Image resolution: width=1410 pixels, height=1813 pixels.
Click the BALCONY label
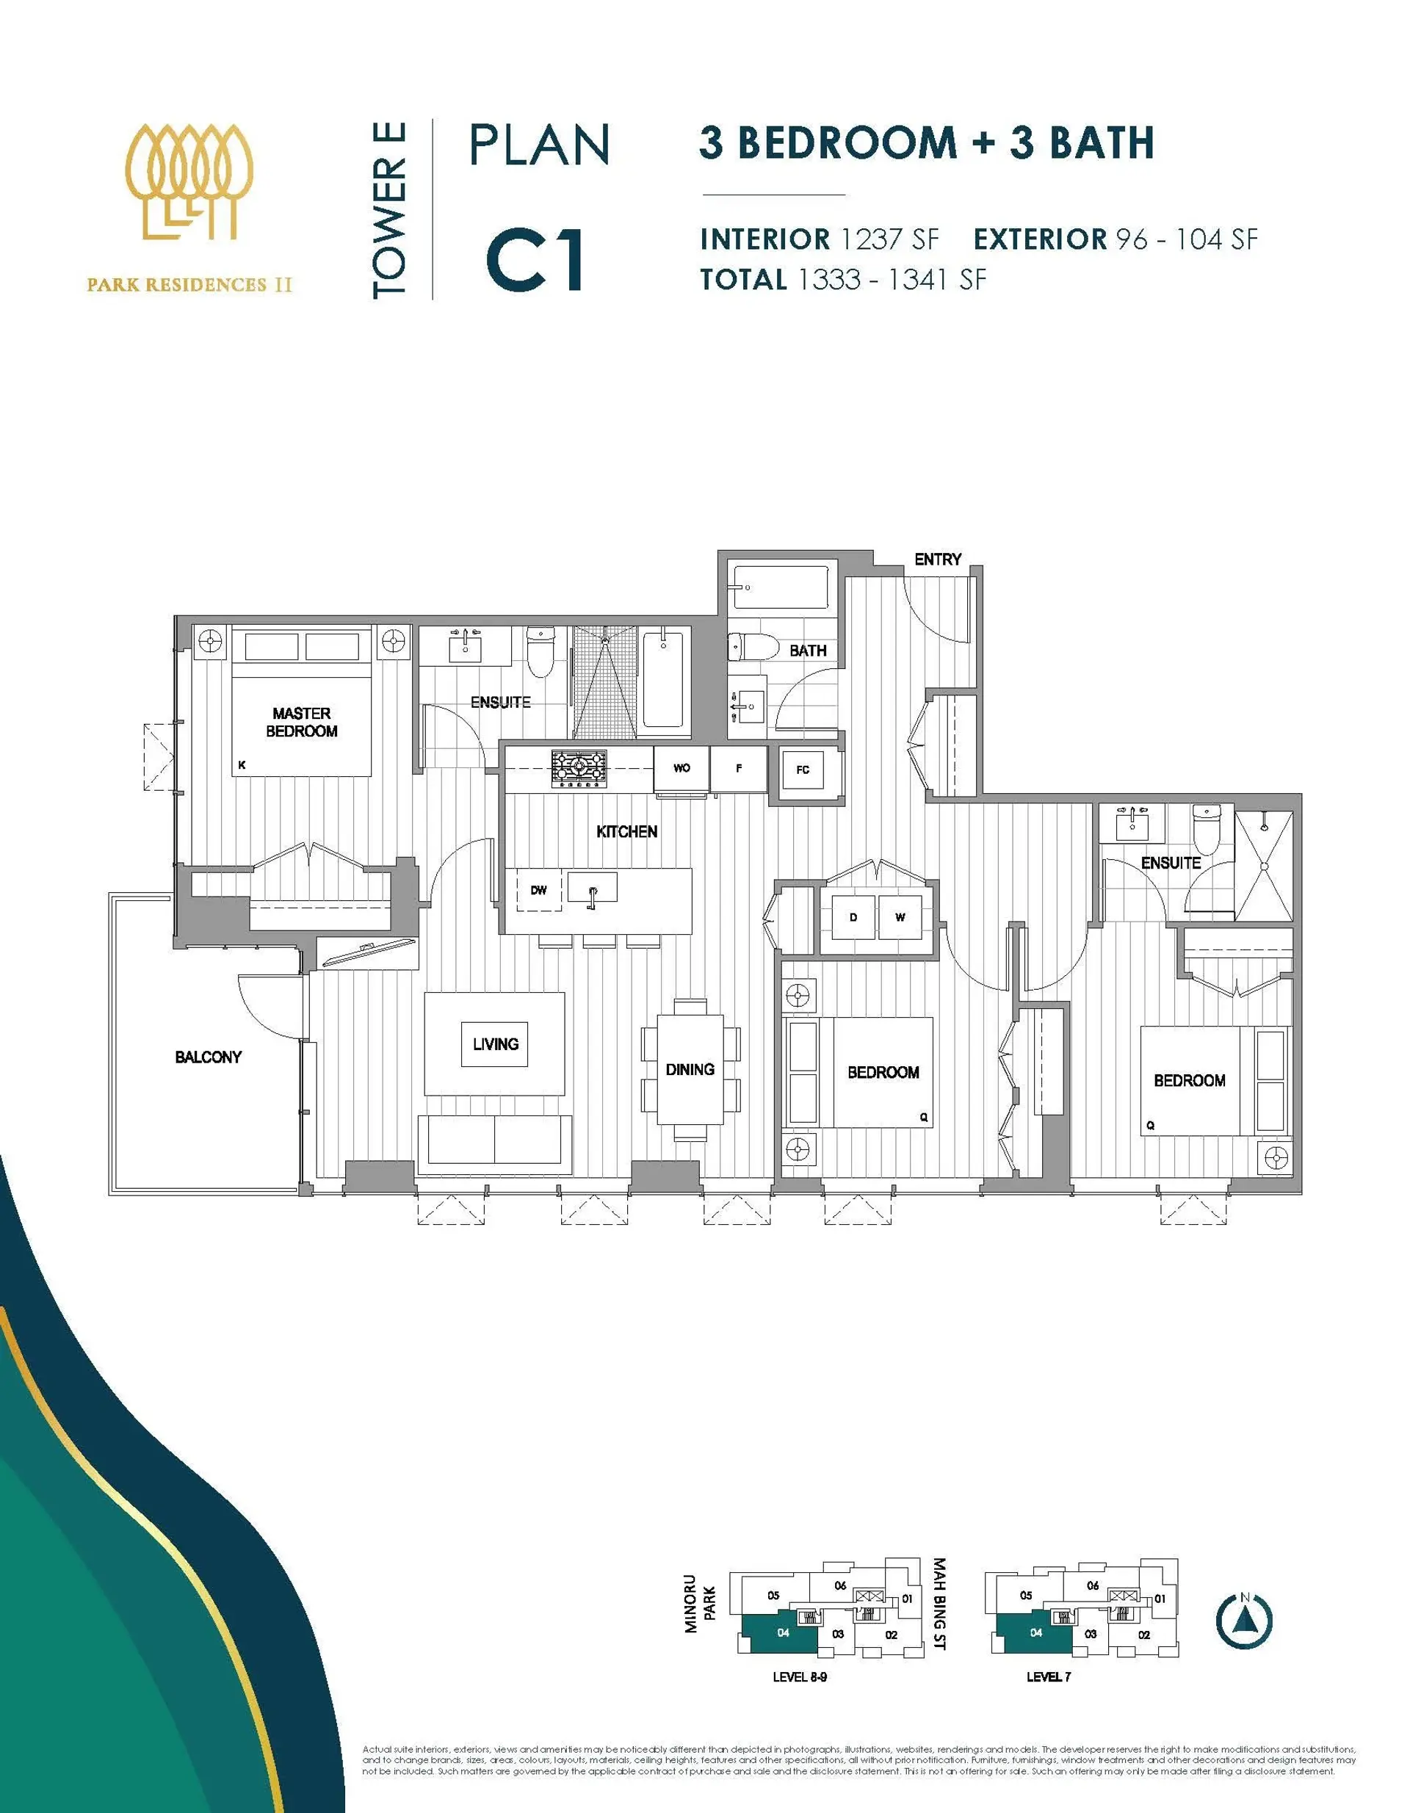click(x=209, y=1057)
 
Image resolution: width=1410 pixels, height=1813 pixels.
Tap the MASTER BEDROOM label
click(x=301, y=723)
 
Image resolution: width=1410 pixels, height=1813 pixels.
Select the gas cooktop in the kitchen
click(x=579, y=768)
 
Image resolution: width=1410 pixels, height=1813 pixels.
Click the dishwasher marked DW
click(x=539, y=890)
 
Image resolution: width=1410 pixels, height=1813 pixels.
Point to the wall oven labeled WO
click(x=681, y=768)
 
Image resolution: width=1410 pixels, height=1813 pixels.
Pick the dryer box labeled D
click(x=853, y=917)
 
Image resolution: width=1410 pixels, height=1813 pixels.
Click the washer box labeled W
click(x=900, y=917)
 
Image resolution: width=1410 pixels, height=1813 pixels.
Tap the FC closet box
click(x=802, y=770)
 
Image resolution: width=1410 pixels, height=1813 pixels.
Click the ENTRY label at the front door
click(x=938, y=560)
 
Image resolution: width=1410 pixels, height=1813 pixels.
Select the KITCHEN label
click(x=627, y=831)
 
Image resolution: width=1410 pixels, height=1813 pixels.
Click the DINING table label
click(x=690, y=1069)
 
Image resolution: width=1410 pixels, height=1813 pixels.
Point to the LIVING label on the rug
click(x=496, y=1044)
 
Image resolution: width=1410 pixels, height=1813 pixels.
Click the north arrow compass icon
click(x=1244, y=1620)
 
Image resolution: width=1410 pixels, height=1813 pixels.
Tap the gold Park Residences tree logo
click(x=190, y=183)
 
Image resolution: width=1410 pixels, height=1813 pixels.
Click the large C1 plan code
click(x=535, y=261)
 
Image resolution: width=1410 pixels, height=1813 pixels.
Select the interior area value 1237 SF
click(x=889, y=239)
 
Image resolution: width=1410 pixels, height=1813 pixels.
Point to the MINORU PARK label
click(x=699, y=1604)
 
